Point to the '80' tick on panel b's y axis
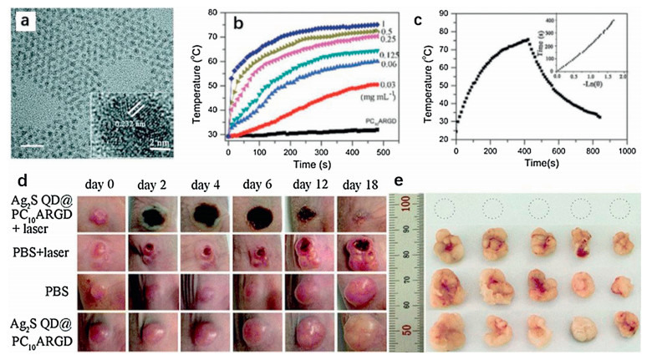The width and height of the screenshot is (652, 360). (217, 13)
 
